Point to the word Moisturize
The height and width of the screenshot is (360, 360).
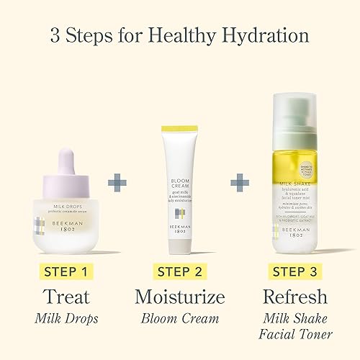click(x=180, y=296)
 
